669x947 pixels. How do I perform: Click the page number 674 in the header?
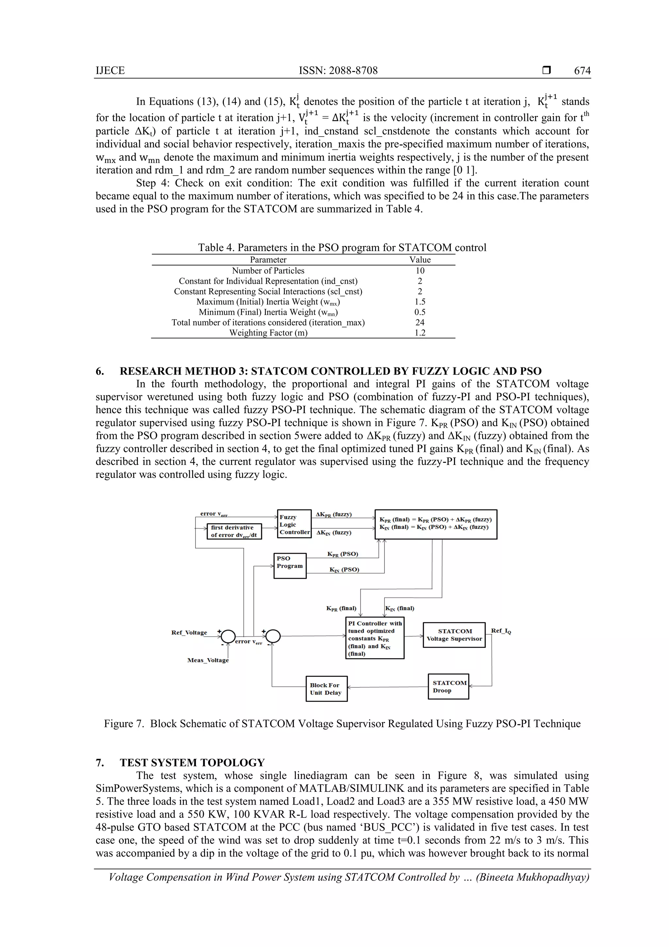click(582, 71)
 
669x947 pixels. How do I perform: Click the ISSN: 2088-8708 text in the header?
click(338, 71)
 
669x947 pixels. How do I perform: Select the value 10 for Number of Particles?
click(420, 271)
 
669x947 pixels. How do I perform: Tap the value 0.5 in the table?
click(420, 312)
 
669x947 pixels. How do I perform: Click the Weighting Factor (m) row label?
click(268, 333)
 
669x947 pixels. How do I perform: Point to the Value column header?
click(420, 260)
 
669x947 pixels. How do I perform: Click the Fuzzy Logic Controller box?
click(294, 524)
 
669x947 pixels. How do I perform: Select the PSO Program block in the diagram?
click(290, 566)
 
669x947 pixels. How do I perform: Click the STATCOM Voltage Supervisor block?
click(454, 635)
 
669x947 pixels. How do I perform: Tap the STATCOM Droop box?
click(448, 687)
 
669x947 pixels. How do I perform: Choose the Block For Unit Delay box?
click(326, 689)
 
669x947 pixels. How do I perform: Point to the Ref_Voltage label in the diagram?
click(189, 633)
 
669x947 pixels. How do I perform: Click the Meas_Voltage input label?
click(208, 660)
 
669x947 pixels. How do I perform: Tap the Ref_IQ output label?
click(501, 631)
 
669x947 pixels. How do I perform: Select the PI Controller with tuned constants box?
click(374, 638)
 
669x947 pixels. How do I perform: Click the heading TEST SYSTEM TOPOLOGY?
click(192, 763)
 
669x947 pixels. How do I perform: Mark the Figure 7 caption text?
click(342, 724)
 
